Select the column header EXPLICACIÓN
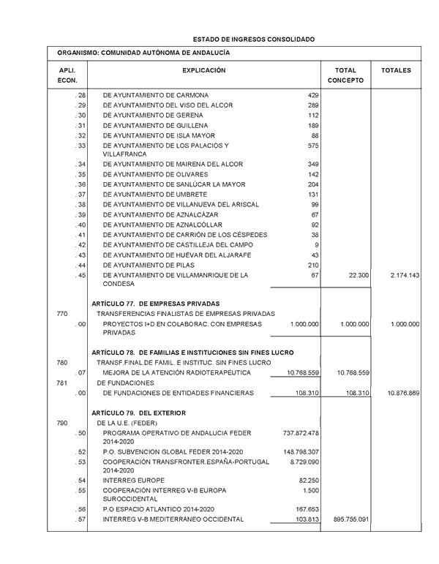(204, 71)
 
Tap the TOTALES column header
(396, 71)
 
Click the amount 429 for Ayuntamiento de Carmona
(313, 96)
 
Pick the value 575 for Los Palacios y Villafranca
(313, 146)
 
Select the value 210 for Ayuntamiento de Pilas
(313, 265)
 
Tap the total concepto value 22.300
(357, 275)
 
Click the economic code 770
(62, 314)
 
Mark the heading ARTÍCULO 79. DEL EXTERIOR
(139, 413)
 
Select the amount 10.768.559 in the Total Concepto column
(353, 373)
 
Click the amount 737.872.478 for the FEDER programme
(300, 433)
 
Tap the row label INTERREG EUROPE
(134, 481)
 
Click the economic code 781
(62, 383)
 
